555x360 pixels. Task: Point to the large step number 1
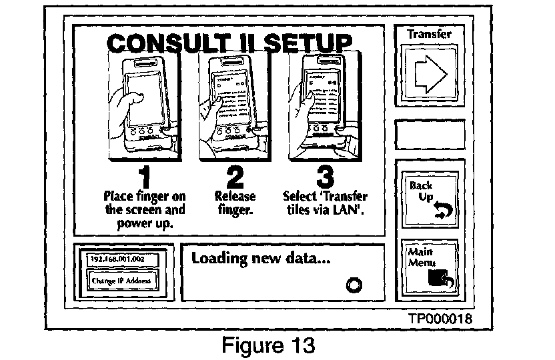click(144, 177)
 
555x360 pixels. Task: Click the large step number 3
click(324, 177)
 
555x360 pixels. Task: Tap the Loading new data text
click(261, 259)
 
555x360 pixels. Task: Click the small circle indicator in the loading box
click(354, 285)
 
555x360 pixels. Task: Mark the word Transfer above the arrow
click(429, 34)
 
